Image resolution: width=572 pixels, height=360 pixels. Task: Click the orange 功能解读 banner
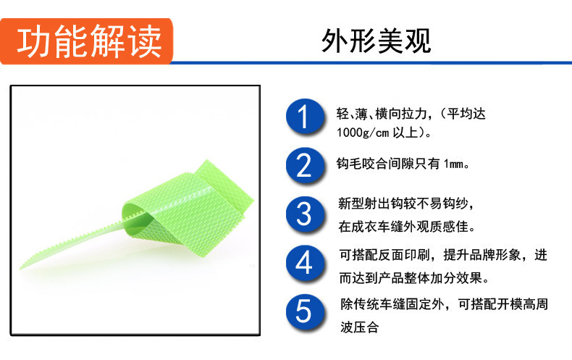[x=86, y=41]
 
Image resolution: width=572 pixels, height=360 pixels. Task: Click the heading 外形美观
[x=376, y=41]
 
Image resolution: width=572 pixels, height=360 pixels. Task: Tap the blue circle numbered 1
[x=305, y=117]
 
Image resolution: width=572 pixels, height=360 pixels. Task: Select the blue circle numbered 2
[x=305, y=165]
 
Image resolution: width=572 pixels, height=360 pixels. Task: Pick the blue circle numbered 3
[x=305, y=214]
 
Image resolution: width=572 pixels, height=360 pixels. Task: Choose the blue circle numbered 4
[x=305, y=263]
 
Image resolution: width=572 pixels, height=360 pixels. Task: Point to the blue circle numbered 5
[x=305, y=312]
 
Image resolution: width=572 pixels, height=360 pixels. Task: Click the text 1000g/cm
[x=363, y=133]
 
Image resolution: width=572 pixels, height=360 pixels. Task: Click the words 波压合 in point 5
[x=359, y=327]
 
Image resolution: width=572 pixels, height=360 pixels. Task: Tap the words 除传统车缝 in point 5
[x=373, y=304]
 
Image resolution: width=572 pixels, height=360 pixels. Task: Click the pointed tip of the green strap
[x=21, y=268]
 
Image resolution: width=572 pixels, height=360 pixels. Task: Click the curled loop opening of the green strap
[x=138, y=218]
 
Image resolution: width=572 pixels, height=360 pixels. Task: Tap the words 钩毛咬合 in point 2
[x=362, y=164]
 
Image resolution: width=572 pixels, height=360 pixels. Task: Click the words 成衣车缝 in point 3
[x=377, y=227]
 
